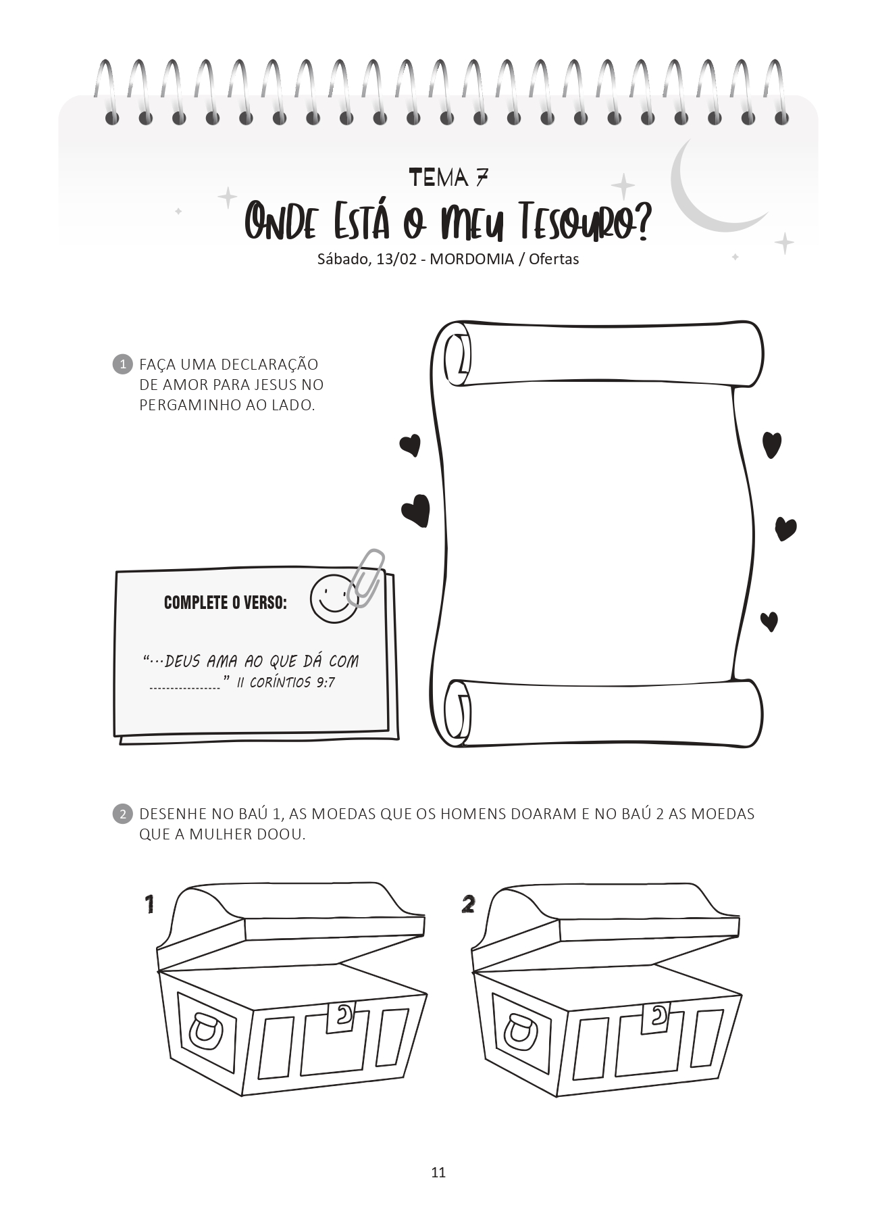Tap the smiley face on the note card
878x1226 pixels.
[x=333, y=599]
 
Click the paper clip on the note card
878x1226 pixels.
[x=365, y=578]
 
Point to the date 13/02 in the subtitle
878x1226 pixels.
[x=396, y=259]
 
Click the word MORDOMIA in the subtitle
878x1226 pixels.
[x=472, y=259]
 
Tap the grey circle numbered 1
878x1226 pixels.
[x=122, y=364]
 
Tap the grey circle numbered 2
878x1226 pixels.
[x=122, y=814]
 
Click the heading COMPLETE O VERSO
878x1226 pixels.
[x=226, y=602]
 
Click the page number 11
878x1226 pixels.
[x=438, y=1172]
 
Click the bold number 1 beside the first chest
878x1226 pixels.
[x=150, y=904]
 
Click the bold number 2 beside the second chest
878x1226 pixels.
[x=468, y=904]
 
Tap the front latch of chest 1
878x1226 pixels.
[x=341, y=1016]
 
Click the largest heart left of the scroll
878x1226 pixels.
[x=416, y=510]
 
